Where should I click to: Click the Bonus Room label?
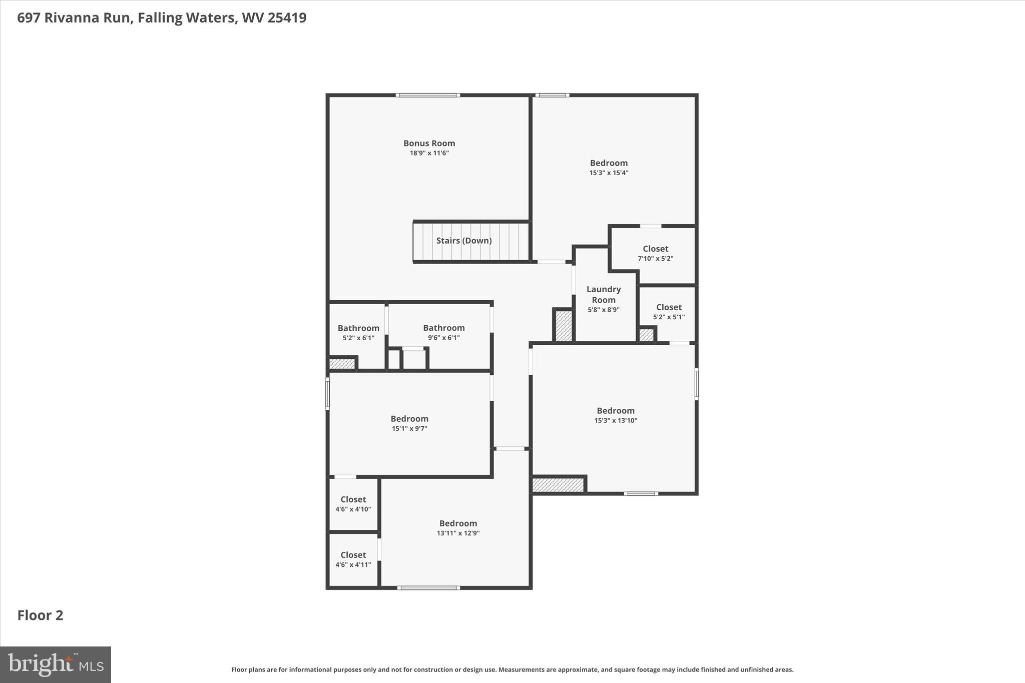tap(429, 143)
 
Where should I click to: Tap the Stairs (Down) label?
tap(463, 241)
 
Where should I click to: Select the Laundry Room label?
tap(604, 294)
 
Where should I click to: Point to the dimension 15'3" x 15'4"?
tap(609, 173)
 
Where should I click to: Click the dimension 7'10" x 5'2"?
tap(655, 259)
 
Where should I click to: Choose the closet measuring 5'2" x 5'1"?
tap(669, 307)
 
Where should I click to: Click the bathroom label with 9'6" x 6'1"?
tap(443, 328)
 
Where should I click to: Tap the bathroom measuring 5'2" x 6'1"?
tap(358, 328)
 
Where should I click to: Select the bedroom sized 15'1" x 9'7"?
tap(409, 419)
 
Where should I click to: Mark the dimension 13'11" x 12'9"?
tap(458, 533)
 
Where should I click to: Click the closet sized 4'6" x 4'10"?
tap(353, 499)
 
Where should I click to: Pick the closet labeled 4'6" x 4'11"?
tap(353, 555)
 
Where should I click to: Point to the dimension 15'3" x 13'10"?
tap(616, 421)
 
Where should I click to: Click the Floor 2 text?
tap(41, 615)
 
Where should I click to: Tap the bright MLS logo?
tap(56, 664)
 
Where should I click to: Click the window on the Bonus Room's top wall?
tap(427, 95)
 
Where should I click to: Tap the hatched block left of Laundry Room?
tap(564, 326)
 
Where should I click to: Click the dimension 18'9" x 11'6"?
tap(429, 153)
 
